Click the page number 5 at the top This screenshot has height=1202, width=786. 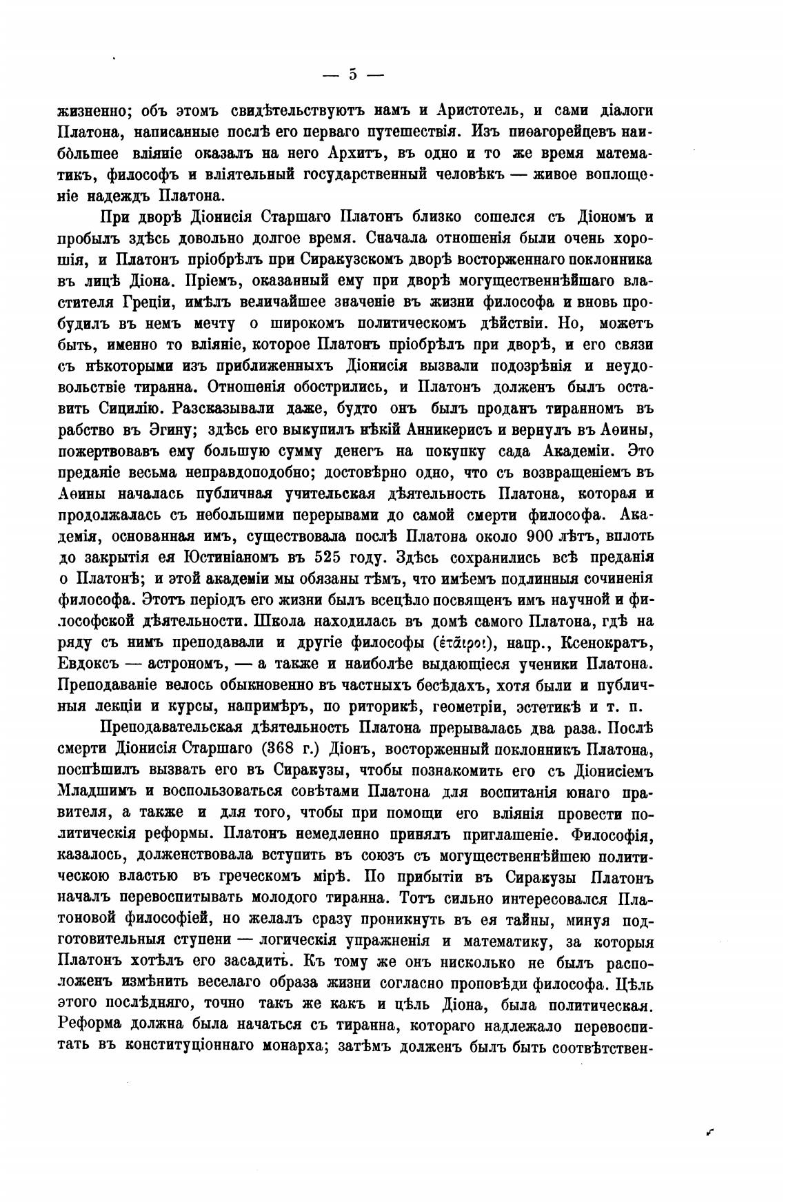click(x=352, y=74)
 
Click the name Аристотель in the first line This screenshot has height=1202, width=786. click(x=474, y=110)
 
